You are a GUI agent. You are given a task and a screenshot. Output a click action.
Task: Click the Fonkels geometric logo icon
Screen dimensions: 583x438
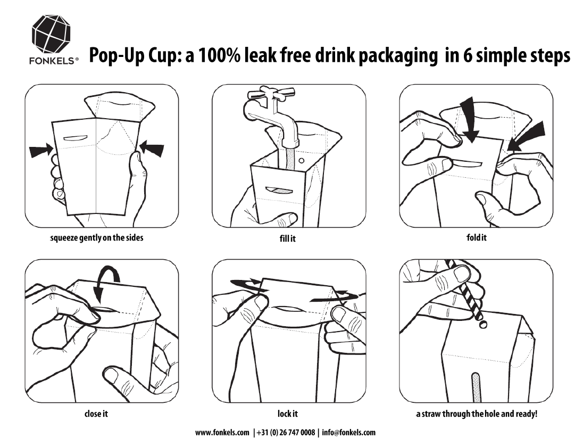(51, 35)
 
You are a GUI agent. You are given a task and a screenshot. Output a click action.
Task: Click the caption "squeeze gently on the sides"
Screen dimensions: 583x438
(97, 237)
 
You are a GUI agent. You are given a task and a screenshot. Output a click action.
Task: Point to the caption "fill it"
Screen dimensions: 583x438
(287, 238)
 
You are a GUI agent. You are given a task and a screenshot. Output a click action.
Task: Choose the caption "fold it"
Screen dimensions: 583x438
(476, 237)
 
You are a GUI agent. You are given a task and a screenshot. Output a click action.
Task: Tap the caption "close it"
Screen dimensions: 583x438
(96, 414)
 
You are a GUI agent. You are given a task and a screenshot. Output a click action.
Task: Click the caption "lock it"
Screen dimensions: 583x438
(287, 414)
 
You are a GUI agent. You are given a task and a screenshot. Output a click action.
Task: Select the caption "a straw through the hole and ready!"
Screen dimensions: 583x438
(477, 414)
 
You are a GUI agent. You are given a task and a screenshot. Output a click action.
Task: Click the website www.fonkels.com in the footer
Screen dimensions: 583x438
(222, 433)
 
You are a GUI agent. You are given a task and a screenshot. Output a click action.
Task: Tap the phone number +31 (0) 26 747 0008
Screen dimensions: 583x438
(286, 433)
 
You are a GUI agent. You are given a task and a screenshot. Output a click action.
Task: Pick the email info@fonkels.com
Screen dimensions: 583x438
(349, 433)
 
